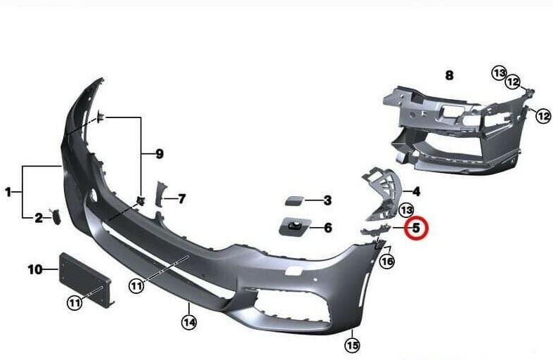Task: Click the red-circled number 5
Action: point(416,228)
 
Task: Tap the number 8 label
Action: point(449,75)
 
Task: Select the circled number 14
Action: point(189,322)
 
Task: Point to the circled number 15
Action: point(352,345)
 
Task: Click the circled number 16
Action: point(387,262)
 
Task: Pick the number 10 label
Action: point(35,269)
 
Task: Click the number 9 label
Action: point(160,154)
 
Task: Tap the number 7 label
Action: point(181,199)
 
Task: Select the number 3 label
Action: point(327,200)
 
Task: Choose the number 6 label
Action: point(328,228)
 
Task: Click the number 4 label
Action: point(416,192)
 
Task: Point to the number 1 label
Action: point(8,193)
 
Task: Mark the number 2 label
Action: point(39,218)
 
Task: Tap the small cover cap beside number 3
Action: point(294,202)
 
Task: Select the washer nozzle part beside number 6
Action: point(295,226)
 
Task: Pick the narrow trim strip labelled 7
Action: point(159,195)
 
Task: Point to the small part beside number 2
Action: point(56,217)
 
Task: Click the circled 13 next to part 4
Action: point(406,210)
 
